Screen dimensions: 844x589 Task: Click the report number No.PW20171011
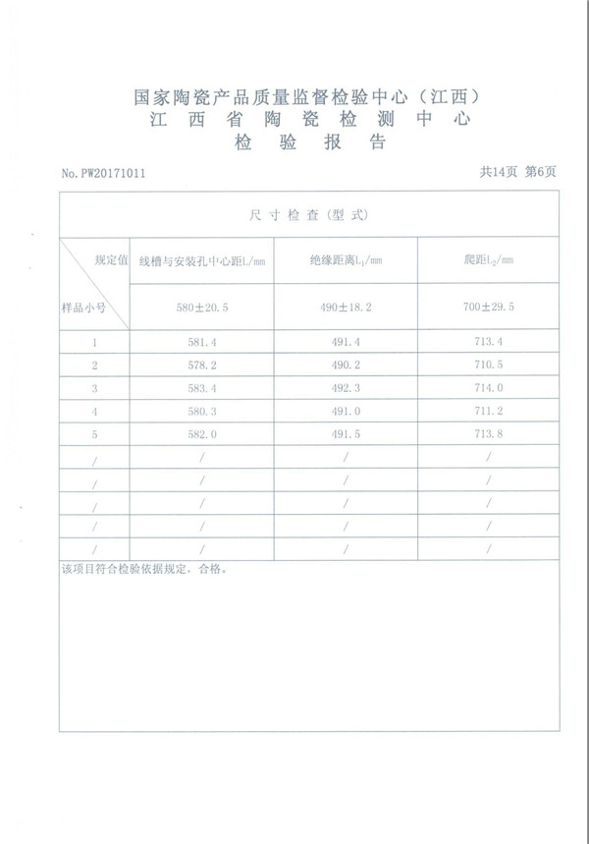(104, 173)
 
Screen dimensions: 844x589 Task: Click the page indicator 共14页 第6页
(517, 172)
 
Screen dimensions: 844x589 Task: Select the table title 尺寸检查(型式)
(309, 214)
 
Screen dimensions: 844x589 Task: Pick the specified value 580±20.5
(202, 308)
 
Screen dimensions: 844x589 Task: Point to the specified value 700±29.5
(488, 308)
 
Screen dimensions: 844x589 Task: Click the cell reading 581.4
(202, 342)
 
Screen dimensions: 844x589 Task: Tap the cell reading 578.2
(202, 365)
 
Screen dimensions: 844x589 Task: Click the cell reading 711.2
(488, 411)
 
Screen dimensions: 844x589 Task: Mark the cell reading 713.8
(488, 433)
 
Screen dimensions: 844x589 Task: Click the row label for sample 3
(94, 388)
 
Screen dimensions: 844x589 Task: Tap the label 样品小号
(83, 308)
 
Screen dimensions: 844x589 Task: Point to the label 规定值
(111, 260)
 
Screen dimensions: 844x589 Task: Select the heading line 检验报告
(309, 143)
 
